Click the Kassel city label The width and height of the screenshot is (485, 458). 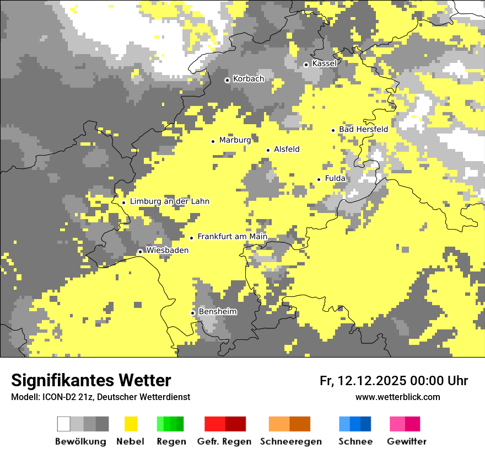[x=324, y=63]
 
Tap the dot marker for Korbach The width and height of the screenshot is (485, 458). [x=227, y=80]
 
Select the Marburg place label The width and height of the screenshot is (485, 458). [x=235, y=140]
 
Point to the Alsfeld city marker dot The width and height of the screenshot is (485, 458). [x=268, y=150]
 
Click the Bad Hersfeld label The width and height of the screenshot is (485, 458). [x=363, y=130]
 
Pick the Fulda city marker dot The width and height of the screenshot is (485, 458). [x=319, y=179]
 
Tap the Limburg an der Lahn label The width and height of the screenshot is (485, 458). [x=169, y=201]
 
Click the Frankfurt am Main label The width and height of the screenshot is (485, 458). [x=232, y=237]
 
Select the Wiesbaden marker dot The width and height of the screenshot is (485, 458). [x=140, y=252]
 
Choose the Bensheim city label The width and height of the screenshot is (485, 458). [x=218, y=312]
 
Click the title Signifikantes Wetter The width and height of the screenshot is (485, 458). [x=91, y=380]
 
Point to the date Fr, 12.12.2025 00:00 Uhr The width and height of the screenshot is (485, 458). [x=394, y=381]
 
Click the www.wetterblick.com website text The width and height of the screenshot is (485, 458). [x=397, y=397]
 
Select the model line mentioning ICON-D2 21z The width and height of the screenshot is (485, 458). [x=100, y=397]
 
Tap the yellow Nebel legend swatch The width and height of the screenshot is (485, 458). [x=131, y=424]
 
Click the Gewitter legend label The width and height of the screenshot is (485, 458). [x=406, y=441]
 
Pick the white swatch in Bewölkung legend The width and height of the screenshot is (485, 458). [x=64, y=424]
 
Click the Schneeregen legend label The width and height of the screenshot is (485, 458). [x=291, y=441]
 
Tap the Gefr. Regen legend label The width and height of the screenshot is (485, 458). [x=224, y=441]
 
